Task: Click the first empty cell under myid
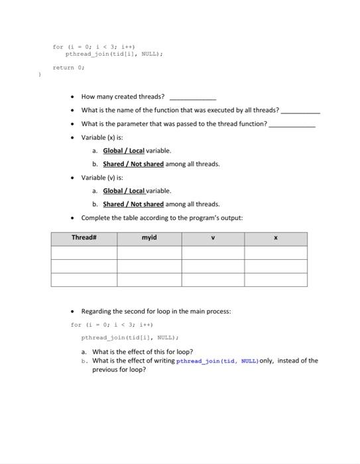pyautogui.click(x=149, y=253)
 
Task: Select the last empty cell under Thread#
pyautogui.click(x=84, y=280)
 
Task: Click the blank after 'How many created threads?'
pyautogui.click(x=193, y=97)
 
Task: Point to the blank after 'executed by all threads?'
pyautogui.click(x=300, y=111)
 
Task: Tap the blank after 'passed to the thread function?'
pyautogui.click(x=292, y=124)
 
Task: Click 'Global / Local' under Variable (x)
pyautogui.click(x=123, y=150)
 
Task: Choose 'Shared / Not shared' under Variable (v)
pyautogui.click(x=133, y=204)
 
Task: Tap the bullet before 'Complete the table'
pyautogui.click(x=72, y=218)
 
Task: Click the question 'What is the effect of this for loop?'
pyautogui.click(x=143, y=352)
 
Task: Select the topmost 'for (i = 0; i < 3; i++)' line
pyautogui.click(x=85, y=47)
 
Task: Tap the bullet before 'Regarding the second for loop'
pyautogui.click(x=72, y=312)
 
